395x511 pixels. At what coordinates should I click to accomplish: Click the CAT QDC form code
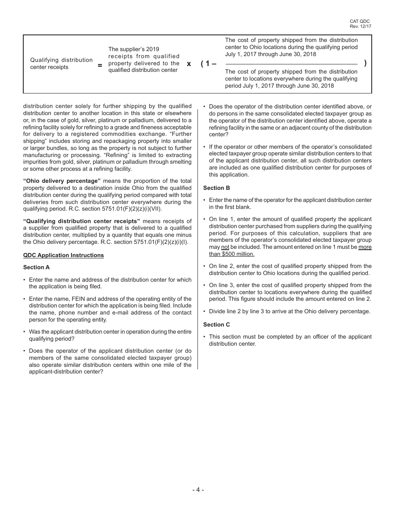point(360,21)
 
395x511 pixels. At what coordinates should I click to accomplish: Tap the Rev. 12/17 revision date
point(360,26)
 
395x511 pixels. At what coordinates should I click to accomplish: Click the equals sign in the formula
point(100,65)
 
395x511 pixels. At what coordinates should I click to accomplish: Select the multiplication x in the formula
point(189,64)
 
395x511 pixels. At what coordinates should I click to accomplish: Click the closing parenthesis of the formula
point(365,63)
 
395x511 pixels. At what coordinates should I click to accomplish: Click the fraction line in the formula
point(291,64)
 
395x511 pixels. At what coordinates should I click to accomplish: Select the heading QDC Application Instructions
point(64,255)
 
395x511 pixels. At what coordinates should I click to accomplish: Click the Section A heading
point(37,267)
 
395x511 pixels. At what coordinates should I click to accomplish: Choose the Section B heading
point(216,188)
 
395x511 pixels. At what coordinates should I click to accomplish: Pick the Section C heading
point(216,324)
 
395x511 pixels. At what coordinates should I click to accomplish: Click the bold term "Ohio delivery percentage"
point(62,181)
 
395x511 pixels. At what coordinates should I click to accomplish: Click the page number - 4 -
point(198,490)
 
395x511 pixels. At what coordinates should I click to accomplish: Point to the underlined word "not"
point(225,247)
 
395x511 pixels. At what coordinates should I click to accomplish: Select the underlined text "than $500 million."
point(232,254)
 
